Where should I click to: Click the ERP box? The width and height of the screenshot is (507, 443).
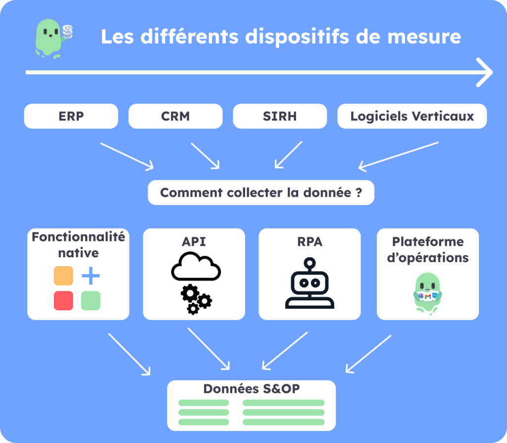point(71,116)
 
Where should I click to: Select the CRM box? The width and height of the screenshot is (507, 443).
point(175,116)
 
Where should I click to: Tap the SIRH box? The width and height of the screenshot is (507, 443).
point(280,116)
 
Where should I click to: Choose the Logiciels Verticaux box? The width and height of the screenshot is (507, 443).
point(412,116)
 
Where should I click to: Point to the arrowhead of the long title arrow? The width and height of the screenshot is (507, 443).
point(485,72)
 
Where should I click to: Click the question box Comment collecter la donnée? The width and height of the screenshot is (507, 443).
point(261,193)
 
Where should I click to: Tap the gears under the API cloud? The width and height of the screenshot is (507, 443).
point(196,299)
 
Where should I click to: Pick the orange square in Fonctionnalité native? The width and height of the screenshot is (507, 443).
point(63,276)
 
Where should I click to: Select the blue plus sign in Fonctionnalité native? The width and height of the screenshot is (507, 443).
point(91,276)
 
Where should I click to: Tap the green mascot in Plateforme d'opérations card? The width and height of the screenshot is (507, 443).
point(428,293)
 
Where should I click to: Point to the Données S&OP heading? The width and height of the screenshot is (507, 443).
point(252,389)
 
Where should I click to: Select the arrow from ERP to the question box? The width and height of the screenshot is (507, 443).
point(127,156)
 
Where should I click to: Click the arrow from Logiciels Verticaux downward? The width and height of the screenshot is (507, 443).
point(399,155)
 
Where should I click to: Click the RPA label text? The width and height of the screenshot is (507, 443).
point(310,241)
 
